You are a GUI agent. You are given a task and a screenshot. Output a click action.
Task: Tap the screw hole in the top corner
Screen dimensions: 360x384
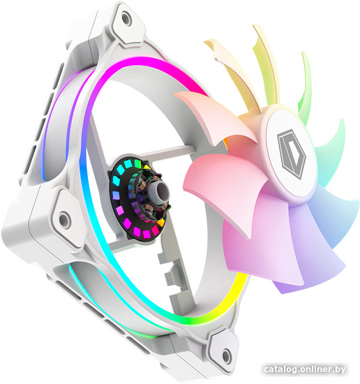pyautogui.click(x=126, y=19)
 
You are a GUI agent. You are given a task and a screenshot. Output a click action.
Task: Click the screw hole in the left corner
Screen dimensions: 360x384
pyautogui.click(x=64, y=219)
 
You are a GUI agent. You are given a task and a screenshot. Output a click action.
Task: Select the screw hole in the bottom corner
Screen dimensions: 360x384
pyautogui.click(x=226, y=356)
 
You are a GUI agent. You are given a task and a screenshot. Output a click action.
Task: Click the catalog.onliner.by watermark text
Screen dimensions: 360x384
pyautogui.click(x=305, y=369)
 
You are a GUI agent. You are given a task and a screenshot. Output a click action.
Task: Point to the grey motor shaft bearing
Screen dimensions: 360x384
pyautogui.click(x=162, y=192)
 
